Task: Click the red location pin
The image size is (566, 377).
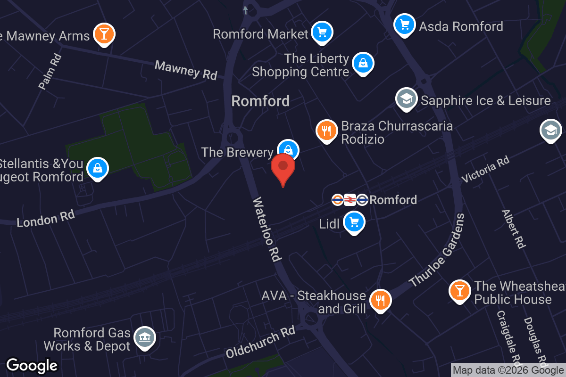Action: point(283,168)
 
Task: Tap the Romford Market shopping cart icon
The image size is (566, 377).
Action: point(323,33)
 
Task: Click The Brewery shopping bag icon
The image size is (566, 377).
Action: point(288,150)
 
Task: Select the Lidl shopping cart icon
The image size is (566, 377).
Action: point(354,221)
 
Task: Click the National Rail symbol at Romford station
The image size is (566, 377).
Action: point(350,200)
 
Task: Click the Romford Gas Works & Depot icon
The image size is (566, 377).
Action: point(144,337)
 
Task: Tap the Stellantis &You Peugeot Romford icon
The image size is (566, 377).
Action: point(98,168)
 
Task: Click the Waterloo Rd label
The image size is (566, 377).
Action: point(267,229)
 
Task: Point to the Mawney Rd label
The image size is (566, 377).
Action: point(186,70)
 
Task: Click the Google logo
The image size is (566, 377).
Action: point(32,366)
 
